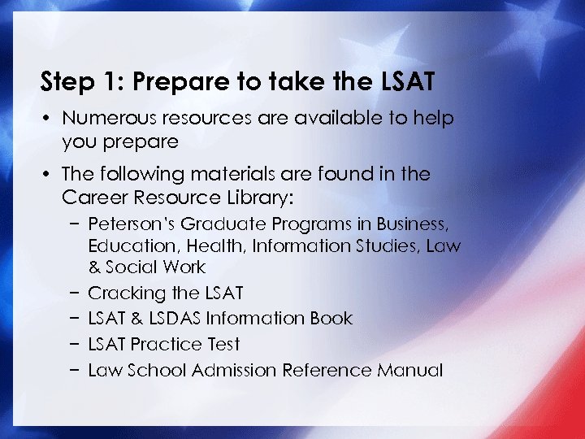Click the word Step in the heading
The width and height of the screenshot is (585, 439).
pos(65,82)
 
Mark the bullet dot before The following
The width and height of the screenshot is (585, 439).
pos(48,175)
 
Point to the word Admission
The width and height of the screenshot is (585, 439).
pos(235,371)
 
